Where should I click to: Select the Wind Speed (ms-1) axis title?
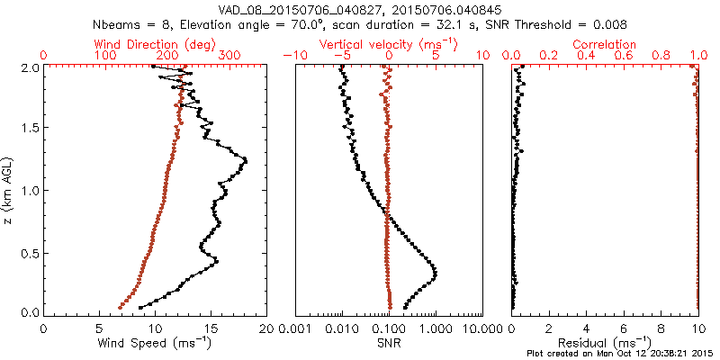tap(155, 343)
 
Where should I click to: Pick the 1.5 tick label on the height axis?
tap(30, 128)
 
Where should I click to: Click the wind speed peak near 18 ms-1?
tap(244, 161)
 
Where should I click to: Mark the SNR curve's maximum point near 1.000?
tap(436, 274)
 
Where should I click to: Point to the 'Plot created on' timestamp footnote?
tap(621, 354)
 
